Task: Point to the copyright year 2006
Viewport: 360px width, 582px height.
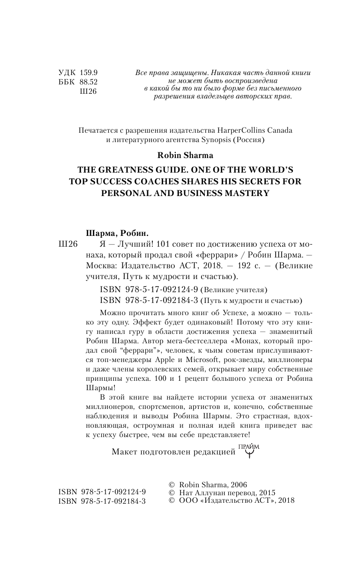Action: (238, 484)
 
